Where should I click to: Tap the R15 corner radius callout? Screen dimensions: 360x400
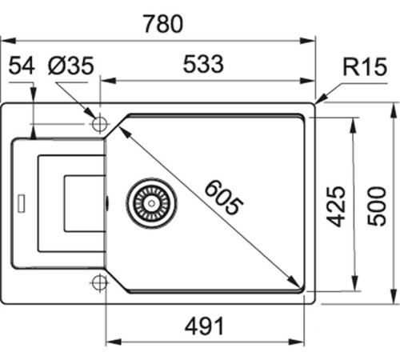tap(358, 68)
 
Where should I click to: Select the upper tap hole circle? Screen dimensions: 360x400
tap(100, 125)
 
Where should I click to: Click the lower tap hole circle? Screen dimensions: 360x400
tap(100, 281)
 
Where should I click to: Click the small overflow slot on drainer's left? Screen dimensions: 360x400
tap(22, 198)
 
